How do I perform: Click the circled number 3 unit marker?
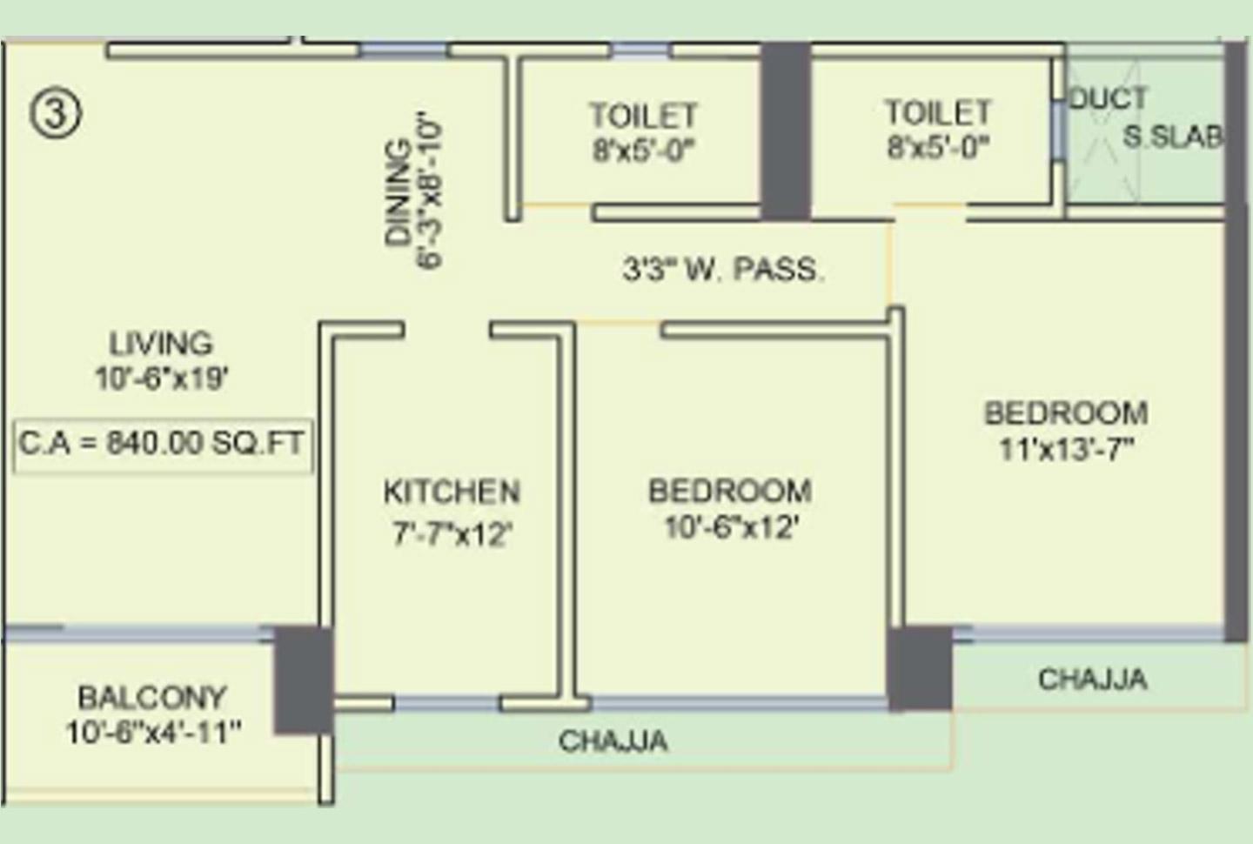tap(57, 113)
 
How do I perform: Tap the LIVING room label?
tap(161, 343)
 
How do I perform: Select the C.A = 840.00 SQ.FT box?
tap(163, 444)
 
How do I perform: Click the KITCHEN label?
tap(452, 492)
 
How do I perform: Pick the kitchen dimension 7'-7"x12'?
tap(452, 533)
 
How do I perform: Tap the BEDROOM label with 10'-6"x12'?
tap(730, 491)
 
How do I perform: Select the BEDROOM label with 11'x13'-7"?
tap(1066, 412)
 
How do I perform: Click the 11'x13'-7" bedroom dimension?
tap(1066, 449)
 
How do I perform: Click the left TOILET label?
tap(643, 116)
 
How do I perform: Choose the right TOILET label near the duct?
tap(938, 112)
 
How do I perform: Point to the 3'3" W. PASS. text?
tap(722, 269)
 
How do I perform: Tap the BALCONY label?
tap(152, 697)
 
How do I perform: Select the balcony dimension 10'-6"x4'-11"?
tap(153, 733)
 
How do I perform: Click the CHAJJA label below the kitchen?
tap(613, 740)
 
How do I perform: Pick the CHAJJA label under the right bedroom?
tap(1092, 679)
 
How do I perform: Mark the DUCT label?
tap(1108, 98)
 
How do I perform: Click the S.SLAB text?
tap(1172, 136)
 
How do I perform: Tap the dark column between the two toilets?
tap(786, 131)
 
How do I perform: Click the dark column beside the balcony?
tap(304, 680)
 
